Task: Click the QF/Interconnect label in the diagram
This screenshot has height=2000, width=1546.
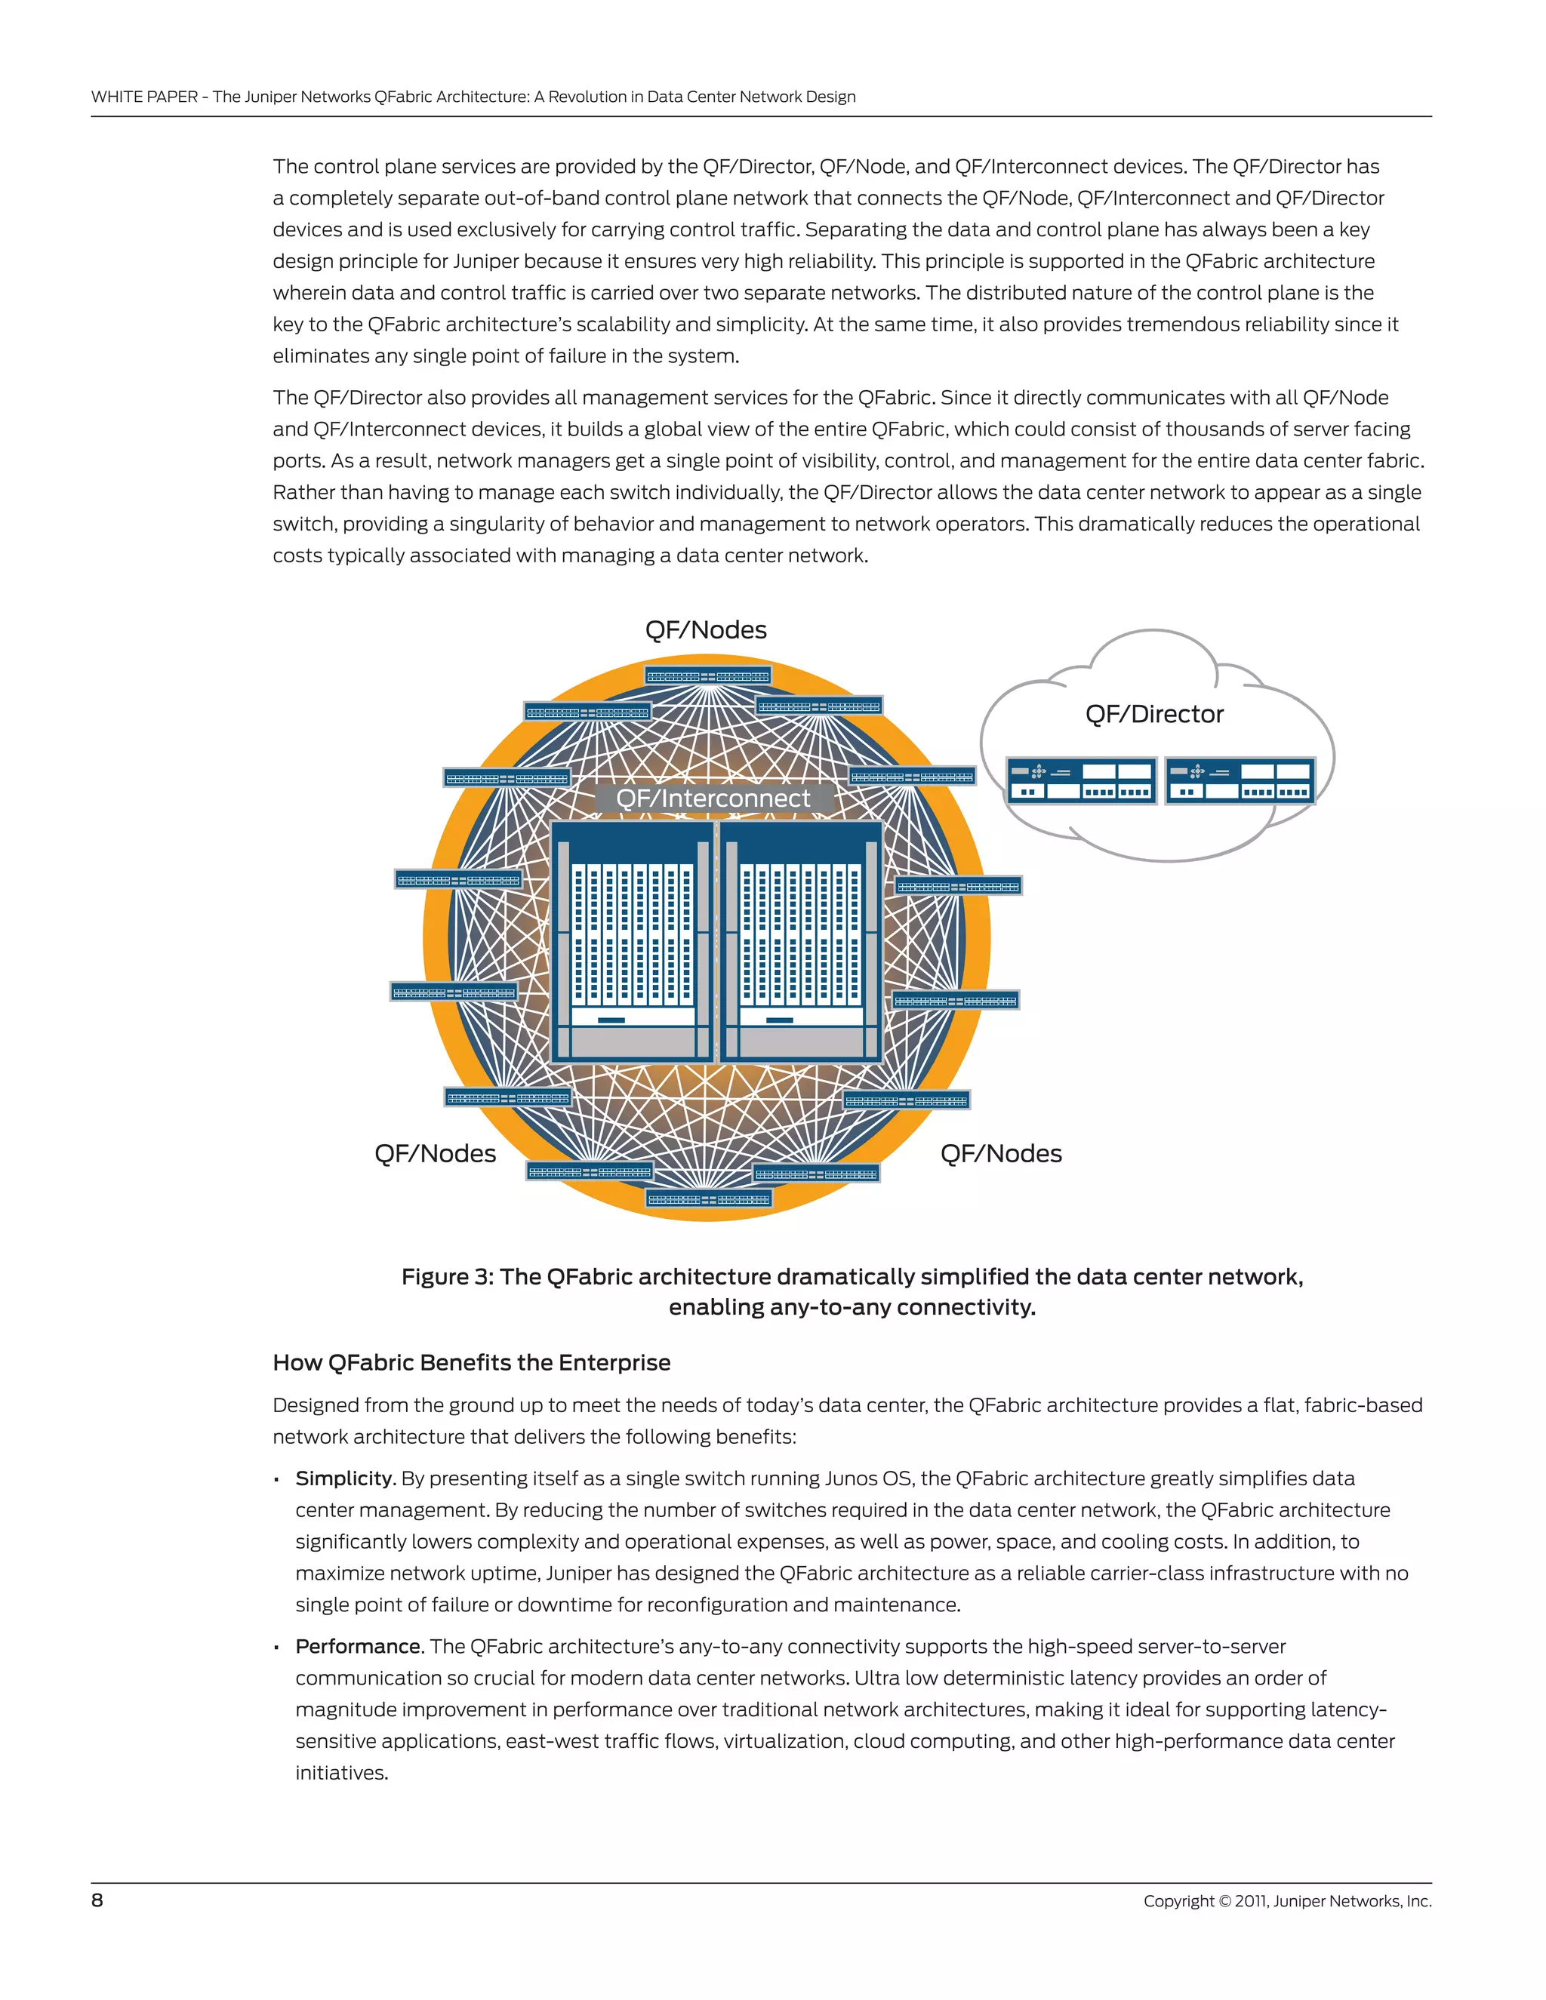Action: point(713,798)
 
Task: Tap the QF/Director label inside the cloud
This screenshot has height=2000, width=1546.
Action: point(1153,714)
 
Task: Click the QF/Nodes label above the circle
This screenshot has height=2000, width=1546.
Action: point(705,630)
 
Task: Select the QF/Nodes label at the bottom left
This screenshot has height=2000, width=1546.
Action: point(435,1154)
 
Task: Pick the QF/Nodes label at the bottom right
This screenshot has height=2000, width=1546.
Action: point(1000,1154)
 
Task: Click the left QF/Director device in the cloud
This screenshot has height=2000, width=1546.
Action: point(1081,781)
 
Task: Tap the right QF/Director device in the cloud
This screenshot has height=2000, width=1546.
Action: point(1240,781)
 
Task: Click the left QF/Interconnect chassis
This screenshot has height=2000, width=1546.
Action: point(632,941)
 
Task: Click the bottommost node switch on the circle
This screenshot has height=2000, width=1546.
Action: point(709,1198)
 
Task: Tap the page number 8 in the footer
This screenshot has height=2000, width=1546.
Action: point(97,1900)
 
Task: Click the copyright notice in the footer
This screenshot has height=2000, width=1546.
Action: point(1287,1901)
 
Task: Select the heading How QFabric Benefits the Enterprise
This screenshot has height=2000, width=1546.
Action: point(471,1362)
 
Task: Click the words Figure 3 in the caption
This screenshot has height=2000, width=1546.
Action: point(447,1278)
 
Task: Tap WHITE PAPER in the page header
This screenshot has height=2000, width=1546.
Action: point(143,97)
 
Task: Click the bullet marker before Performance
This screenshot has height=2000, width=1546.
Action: point(276,1648)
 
